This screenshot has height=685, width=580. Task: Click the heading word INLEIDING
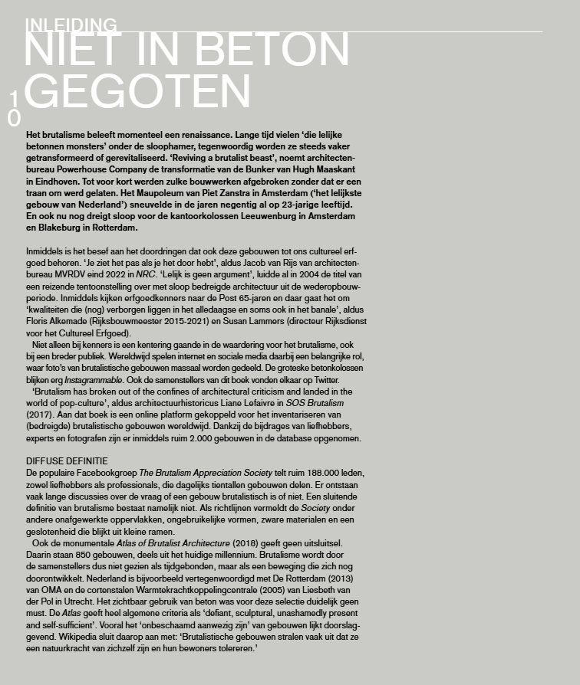coord(71,25)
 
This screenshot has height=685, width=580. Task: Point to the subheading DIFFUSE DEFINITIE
coord(67,461)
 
